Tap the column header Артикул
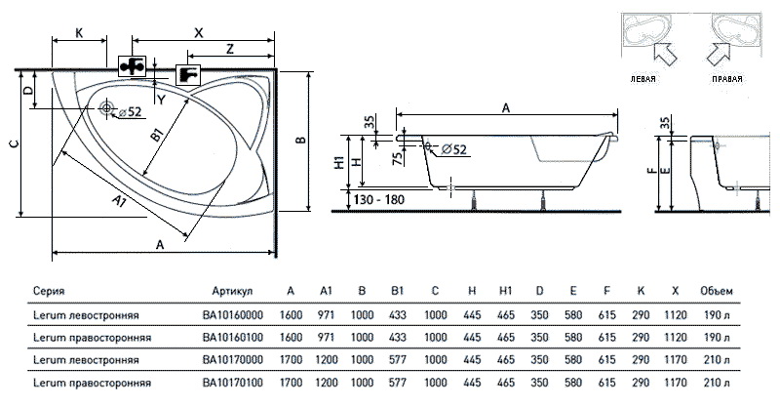point(232,291)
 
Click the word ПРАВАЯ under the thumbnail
point(728,78)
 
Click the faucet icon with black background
point(186,74)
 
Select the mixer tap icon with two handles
point(132,65)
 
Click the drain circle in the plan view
point(107,109)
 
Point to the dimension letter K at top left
point(79,32)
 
